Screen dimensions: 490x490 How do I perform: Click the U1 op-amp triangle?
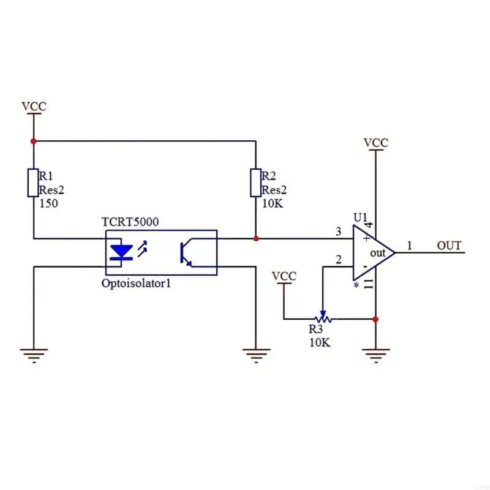tap(373, 252)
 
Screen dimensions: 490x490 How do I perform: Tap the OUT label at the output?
tap(449, 246)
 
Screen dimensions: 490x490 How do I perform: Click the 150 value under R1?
tap(48, 203)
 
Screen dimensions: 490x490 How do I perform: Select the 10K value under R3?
tap(320, 342)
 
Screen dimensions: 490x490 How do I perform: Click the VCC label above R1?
tap(34, 107)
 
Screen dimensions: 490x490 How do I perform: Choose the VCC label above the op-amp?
tap(375, 143)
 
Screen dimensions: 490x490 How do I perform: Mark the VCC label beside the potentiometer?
tap(284, 276)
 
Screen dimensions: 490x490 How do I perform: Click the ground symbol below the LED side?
tap(34, 353)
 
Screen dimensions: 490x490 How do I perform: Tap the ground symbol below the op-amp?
tap(375, 353)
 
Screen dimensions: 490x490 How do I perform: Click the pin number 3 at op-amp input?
tap(338, 232)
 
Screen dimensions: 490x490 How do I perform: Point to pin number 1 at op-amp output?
tap(410, 246)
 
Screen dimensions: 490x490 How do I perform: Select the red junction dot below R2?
tap(256, 238)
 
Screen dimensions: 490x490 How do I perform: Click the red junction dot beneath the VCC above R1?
tap(34, 141)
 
